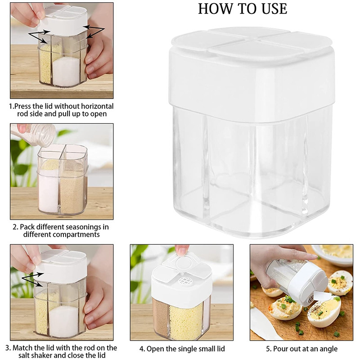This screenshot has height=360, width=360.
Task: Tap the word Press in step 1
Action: click(x=23, y=106)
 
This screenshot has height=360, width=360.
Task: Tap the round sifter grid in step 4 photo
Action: click(x=184, y=280)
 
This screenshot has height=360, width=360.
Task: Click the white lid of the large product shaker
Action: click(x=252, y=73)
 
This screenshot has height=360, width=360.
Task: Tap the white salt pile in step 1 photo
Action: click(x=66, y=72)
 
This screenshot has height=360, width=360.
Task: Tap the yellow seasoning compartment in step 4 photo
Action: click(x=186, y=321)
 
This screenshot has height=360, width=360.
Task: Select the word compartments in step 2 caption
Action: click(x=77, y=234)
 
